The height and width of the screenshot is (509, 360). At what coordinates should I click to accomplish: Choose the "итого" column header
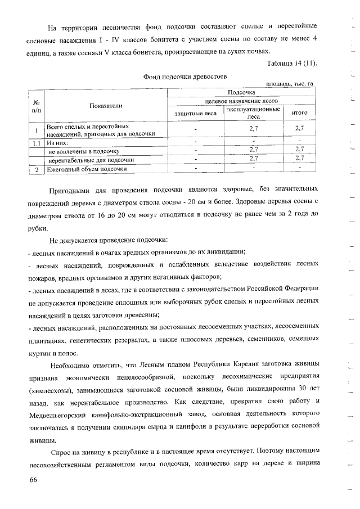(x=299, y=112)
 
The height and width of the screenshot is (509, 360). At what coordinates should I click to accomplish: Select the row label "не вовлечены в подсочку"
(x=84, y=151)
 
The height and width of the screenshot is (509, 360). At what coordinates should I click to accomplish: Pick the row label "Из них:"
(x=57, y=143)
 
